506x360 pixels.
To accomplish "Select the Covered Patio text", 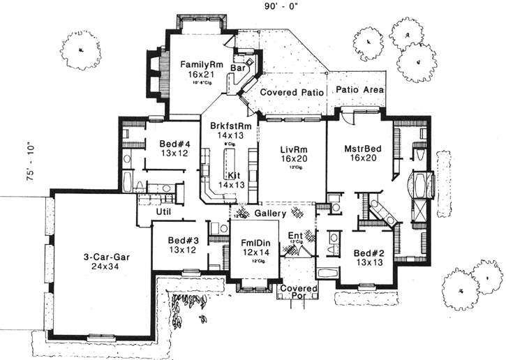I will [291, 92].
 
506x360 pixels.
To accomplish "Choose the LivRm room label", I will [292, 149].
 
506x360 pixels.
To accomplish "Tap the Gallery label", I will [270, 212].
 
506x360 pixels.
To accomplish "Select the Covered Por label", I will [298, 293].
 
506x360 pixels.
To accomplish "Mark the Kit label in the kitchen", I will [234, 174].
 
